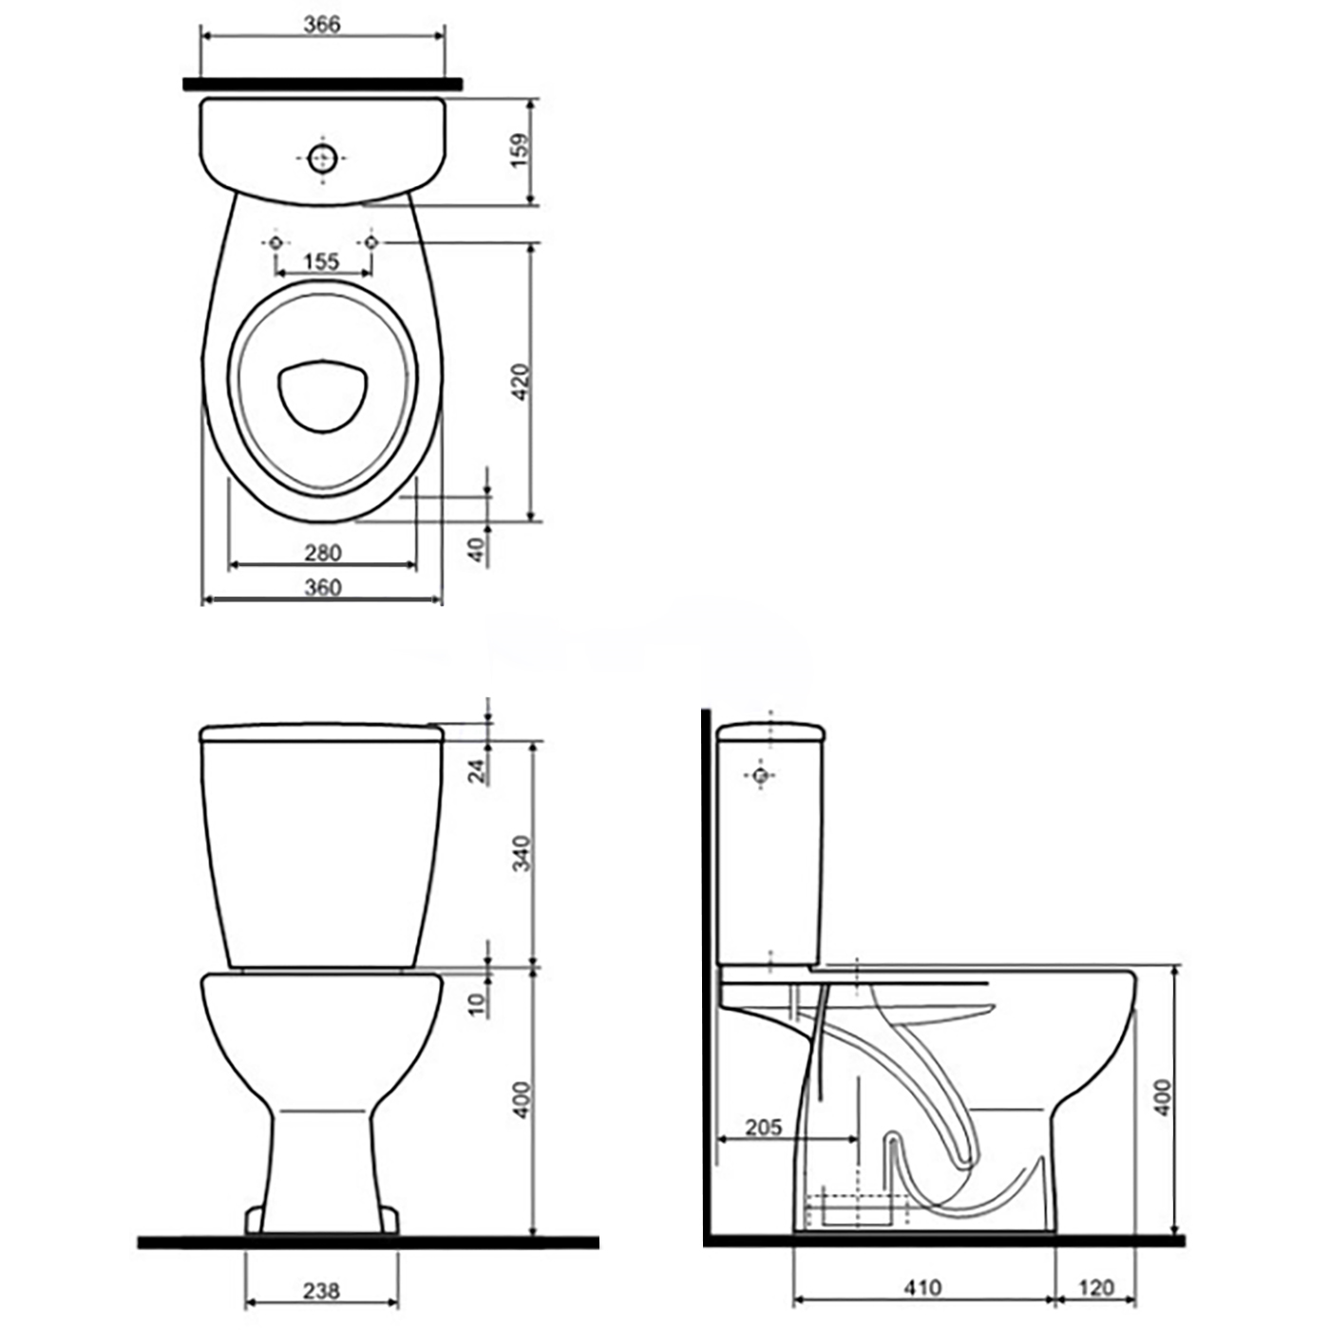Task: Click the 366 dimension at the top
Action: pos(322,24)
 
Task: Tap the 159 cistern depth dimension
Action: pos(522,149)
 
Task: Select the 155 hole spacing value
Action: pos(322,261)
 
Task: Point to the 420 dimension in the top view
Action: pos(522,382)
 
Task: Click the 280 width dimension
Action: pos(323,552)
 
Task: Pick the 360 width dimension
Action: pos(323,587)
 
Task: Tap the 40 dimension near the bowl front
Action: pos(477,550)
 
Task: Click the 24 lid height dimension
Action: pos(477,771)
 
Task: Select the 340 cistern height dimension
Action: pos(522,853)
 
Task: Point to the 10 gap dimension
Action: pos(477,1004)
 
